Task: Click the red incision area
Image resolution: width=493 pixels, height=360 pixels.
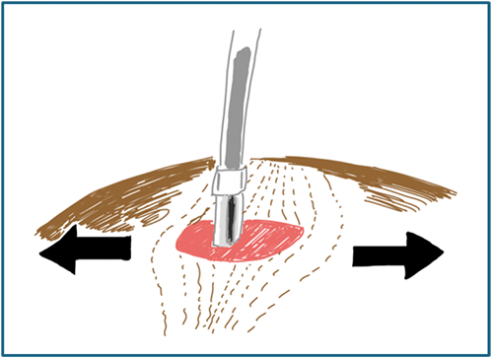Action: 261,237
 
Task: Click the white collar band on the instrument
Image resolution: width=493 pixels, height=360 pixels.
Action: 230,180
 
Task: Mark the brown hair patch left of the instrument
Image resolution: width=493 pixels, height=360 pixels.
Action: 128,197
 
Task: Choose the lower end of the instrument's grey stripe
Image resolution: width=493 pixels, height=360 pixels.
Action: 230,164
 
